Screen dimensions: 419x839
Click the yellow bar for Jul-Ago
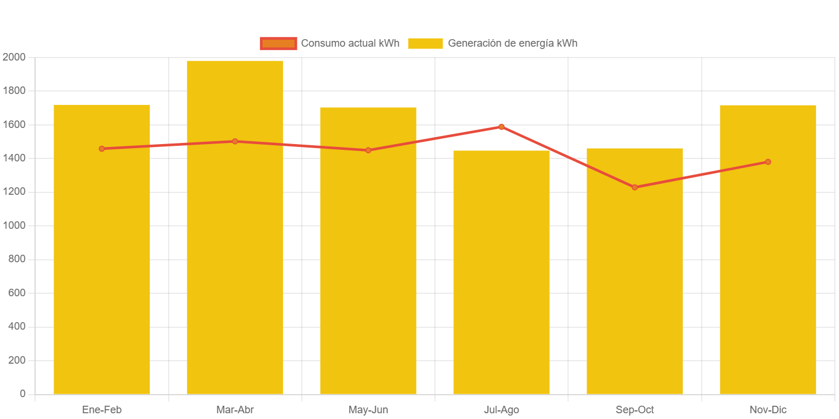501,277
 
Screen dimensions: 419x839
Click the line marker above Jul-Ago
501,127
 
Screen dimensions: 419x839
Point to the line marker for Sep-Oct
634,187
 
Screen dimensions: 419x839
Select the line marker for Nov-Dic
768,162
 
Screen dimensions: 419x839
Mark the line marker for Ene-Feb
101,149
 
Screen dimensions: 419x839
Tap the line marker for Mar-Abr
235,141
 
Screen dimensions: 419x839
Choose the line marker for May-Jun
368,150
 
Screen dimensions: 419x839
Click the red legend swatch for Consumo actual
278,43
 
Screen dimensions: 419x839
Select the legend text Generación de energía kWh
512,43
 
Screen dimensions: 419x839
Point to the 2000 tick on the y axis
14,57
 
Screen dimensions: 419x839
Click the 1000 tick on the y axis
14,225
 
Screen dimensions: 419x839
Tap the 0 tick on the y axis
22,394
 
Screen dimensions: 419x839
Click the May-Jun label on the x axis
368,410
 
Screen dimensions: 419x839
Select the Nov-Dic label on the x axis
768,410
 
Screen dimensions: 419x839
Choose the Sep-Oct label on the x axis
634,410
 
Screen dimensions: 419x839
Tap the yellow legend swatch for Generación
425,43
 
